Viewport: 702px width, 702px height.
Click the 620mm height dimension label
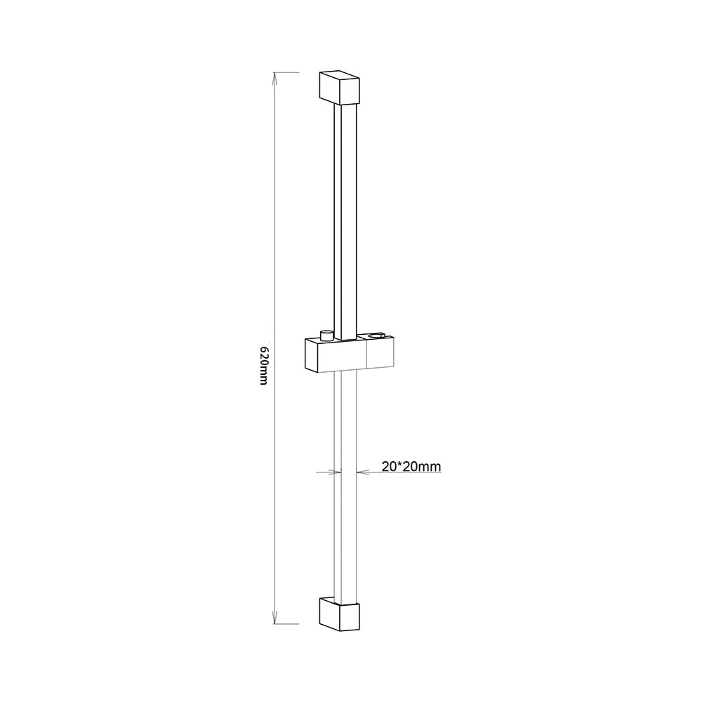tap(264, 365)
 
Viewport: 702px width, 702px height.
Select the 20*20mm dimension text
tap(411, 467)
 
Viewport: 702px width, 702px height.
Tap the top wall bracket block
tap(339, 87)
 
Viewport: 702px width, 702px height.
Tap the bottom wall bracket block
tap(339, 614)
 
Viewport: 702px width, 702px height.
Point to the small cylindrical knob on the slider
tap(327, 336)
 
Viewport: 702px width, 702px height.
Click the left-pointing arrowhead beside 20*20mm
tap(362, 472)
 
